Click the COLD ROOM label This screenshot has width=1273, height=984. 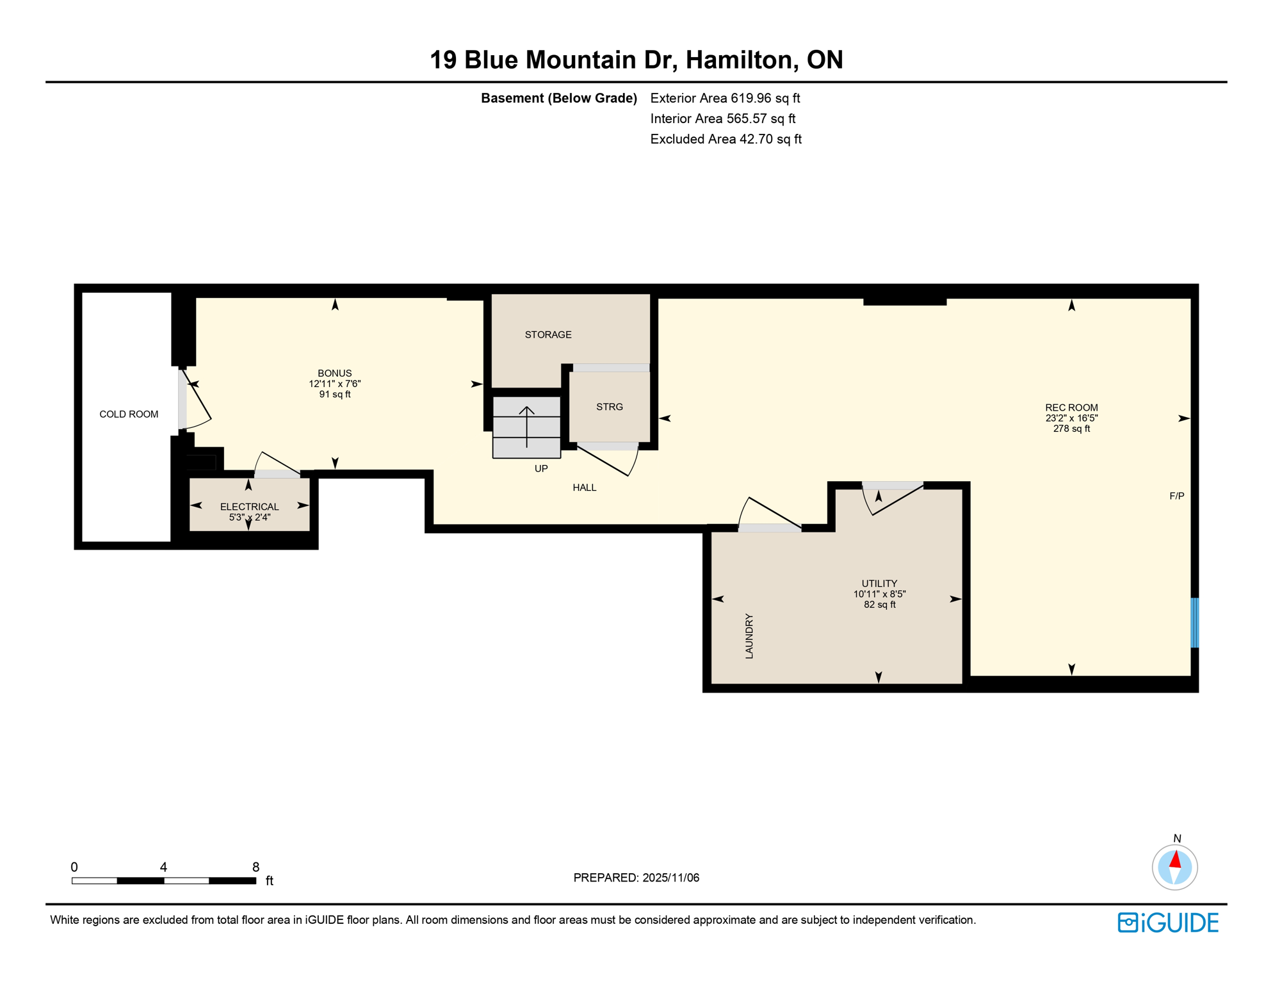129,414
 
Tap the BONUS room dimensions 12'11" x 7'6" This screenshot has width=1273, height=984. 335,384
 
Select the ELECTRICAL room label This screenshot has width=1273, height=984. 249,507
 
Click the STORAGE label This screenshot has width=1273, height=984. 548,334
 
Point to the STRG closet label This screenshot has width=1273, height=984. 609,407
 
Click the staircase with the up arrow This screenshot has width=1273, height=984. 526,427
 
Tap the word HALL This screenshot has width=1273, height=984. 584,488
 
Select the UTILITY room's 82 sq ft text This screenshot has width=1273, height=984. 879,605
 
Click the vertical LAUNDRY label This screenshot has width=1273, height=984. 749,636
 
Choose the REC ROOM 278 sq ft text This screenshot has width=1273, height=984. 1071,429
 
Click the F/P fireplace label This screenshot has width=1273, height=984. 1176,496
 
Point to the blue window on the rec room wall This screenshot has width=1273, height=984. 1194,623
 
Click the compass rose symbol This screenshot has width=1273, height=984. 1174,867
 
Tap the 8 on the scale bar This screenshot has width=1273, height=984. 255,867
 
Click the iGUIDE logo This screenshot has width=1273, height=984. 1168,922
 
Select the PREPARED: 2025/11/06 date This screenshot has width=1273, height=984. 636,878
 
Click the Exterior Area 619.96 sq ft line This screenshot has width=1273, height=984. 725,98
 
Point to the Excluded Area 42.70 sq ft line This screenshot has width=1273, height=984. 726,139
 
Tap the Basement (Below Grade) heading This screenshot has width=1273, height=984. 558,98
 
